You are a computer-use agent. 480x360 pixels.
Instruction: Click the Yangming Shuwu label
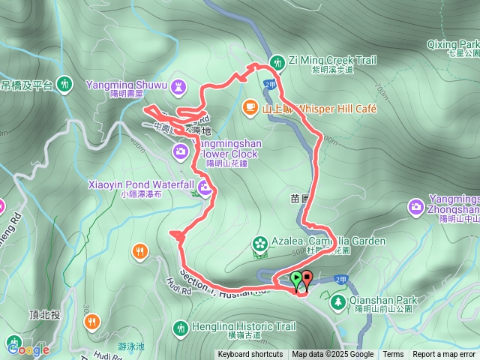128,84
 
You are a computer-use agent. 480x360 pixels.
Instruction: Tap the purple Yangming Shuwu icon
178,87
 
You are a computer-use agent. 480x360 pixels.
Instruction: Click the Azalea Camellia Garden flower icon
259,243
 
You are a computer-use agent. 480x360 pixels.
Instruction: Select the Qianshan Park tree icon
337,301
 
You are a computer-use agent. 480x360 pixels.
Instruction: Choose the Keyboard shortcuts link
250,355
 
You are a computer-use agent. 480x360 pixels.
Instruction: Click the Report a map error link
443,355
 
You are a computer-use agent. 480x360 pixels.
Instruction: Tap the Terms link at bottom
393,355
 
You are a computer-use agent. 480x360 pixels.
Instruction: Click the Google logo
28,349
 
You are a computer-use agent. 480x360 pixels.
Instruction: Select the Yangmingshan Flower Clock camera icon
181,152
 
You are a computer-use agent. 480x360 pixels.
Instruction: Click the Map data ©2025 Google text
333,355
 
